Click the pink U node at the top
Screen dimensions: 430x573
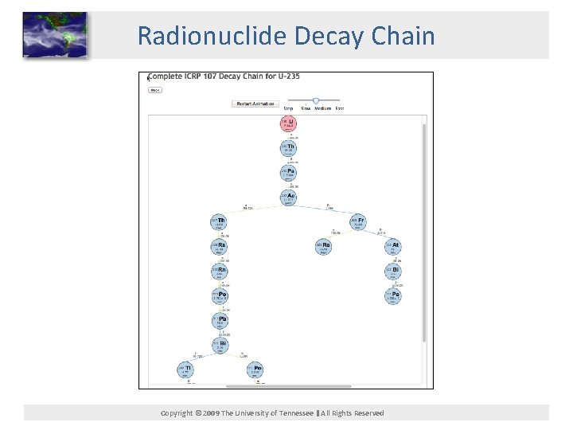tap(288, 123)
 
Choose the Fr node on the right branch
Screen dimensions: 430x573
tap(358, 221)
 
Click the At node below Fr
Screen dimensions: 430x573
tap(393, 246)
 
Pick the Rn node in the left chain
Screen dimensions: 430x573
tap(219, 272)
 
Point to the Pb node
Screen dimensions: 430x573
tap(219, 321)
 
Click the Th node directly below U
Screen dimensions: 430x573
tap(288, 148)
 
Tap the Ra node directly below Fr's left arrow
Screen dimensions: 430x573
tap(323, 246)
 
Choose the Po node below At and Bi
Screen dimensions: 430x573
tap(393, 296)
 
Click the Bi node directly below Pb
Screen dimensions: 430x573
tap(219, 345)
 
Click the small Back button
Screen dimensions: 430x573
tap(155, 90)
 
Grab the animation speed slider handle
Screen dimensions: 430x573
tap(316, 100)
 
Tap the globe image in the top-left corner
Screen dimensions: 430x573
tap(55, 35)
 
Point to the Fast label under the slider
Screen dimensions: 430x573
tap(340, 108)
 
